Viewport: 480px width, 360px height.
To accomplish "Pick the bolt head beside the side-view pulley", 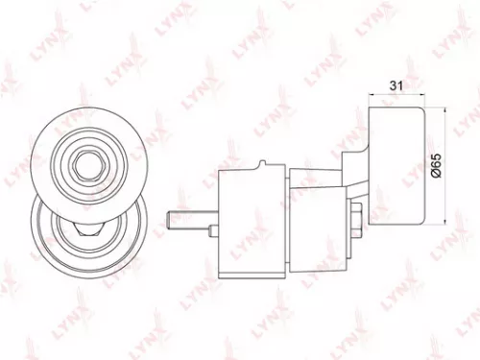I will [356, 218].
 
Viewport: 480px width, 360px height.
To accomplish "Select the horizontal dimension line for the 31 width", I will [395, 96].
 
